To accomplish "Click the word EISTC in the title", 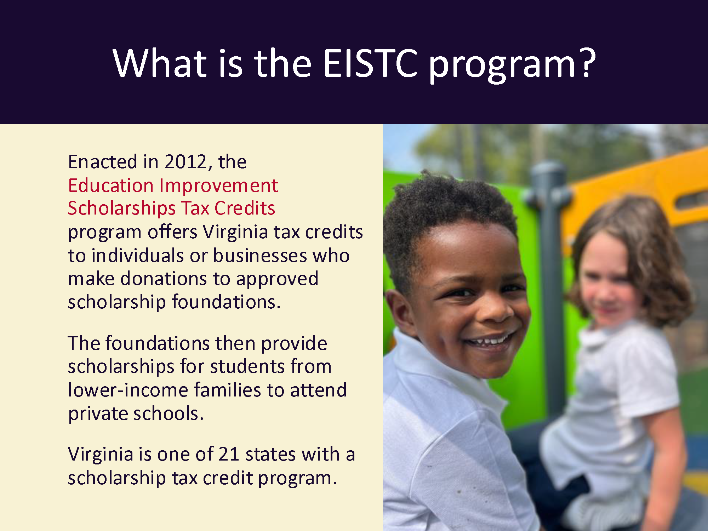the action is pyautogui.click(x=370, y=63).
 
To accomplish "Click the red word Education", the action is pyautogui.click(x=111, y=185).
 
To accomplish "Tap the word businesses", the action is pyautogui.click(x=260, y=256).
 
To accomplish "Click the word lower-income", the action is pyautogui.click(x=128, y=390).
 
